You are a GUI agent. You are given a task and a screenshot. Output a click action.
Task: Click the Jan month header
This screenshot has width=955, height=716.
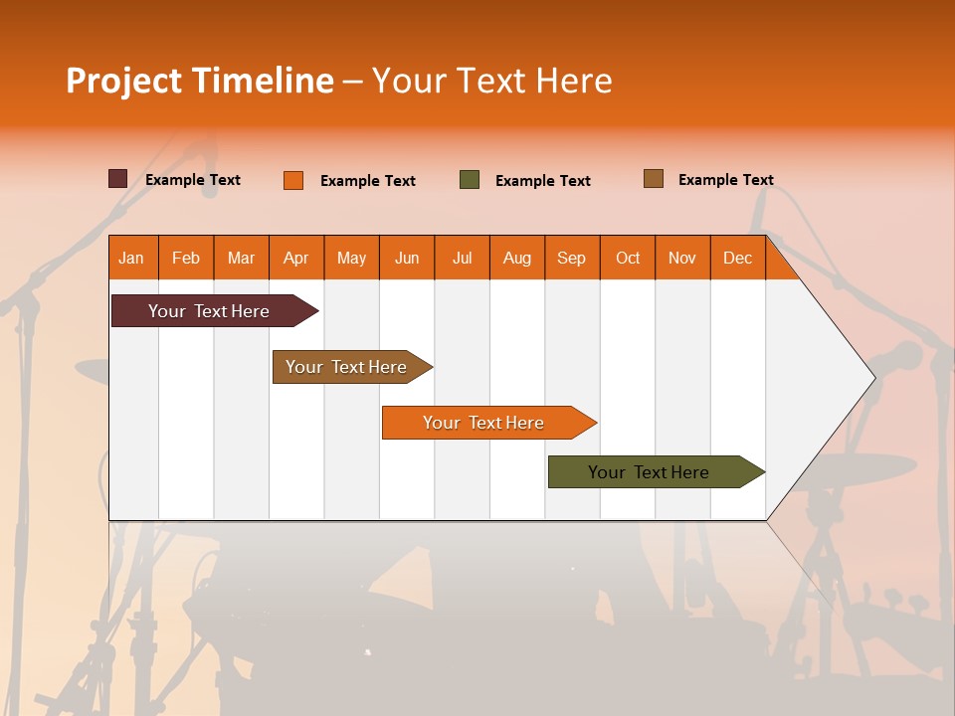tap(131, 258)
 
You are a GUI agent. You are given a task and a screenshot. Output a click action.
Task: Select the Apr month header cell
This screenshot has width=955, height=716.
tap(295, 258)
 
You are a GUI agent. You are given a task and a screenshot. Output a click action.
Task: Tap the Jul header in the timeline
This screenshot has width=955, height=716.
tap(462, 258)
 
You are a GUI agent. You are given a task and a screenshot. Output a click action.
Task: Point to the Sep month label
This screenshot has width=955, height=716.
tap(571, 258)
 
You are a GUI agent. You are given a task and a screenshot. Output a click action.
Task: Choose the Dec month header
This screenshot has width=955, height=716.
tap(737, 258)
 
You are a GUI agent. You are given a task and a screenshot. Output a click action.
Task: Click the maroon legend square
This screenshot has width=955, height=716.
tap(117, 179)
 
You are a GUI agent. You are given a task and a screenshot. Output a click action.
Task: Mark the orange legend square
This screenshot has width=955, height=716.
tap(293, 180)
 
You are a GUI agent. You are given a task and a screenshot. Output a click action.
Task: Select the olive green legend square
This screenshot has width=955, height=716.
tap(470, 180)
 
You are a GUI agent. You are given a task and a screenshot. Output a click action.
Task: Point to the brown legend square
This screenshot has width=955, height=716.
tap(653, 179)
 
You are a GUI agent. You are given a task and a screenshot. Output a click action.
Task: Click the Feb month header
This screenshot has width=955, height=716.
tap(185, 258)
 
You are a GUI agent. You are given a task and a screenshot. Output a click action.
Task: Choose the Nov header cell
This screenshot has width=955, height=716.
tap(681, 258)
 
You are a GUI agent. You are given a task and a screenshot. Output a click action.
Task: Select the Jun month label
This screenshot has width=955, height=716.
tap(406, 258)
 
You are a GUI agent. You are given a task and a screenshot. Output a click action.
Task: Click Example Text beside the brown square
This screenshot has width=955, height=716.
tap(725, 180)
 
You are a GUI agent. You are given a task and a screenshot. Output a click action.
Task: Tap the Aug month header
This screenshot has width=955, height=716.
tap(516, 258)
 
